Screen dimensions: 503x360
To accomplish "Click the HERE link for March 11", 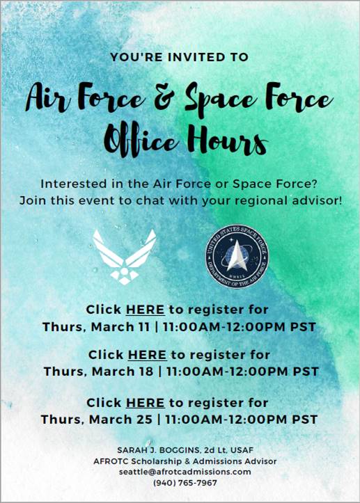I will pyautogui.click(x=145, y=309).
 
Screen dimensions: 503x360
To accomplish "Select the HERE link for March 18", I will pyautogui.click(x=147, y=354).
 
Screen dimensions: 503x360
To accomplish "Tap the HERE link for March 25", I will pyautogui.click(x=145, y=402).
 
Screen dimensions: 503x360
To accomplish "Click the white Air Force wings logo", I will pyautogui.click(x=125, y=257).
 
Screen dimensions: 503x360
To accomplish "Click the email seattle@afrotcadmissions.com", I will pyautogui.click(x=180, y=471).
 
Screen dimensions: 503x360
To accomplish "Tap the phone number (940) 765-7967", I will pyautogui.click(x=180, y=483).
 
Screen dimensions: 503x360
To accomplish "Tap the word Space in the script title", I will pyautogui.click(x=219, y=99).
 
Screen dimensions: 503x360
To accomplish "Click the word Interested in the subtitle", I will pyautogui.click(x=72, y=184).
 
